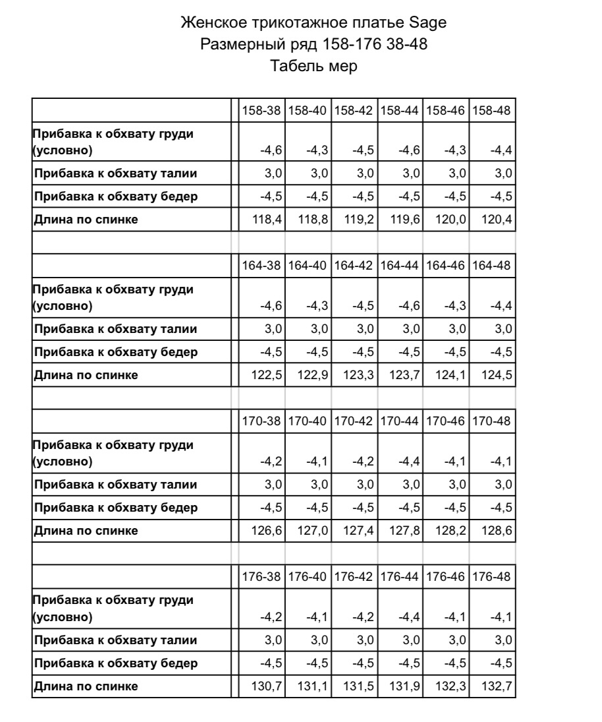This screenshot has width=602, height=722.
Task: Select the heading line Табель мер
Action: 314,67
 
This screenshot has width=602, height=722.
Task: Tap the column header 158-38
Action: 262,110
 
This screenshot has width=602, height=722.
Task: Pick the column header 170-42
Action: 354,420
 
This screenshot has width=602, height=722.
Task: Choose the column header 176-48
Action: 492,576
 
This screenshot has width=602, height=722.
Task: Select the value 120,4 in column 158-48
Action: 497,220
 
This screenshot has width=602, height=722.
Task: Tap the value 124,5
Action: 497,375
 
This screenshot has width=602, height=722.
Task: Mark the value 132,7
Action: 497,686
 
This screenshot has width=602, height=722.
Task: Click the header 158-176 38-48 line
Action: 314,45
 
